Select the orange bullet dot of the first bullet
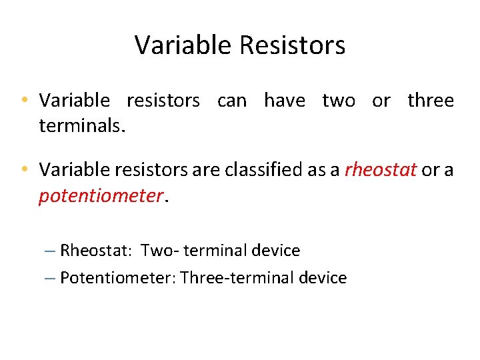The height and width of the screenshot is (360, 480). click(x=24, y=101)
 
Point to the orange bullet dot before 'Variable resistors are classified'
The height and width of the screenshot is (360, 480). click(x=24, y=170)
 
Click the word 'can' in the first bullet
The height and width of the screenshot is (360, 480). click(x=231, y=101)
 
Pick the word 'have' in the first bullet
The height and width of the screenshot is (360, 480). click(x=285, y=101)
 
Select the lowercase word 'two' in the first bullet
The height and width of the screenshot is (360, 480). click(x=339, y=101)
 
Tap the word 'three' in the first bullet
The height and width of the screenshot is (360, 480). click(x=431, y=101)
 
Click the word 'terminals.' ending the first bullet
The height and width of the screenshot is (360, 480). click(x=82, y=126)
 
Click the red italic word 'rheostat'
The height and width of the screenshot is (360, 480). click(x=380, y=170)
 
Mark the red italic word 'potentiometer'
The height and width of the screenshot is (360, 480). click(x=100, y=196)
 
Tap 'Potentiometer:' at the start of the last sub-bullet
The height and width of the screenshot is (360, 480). click(x=117, y=277)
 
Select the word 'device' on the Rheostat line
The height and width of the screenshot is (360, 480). click(x=276, y=251)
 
